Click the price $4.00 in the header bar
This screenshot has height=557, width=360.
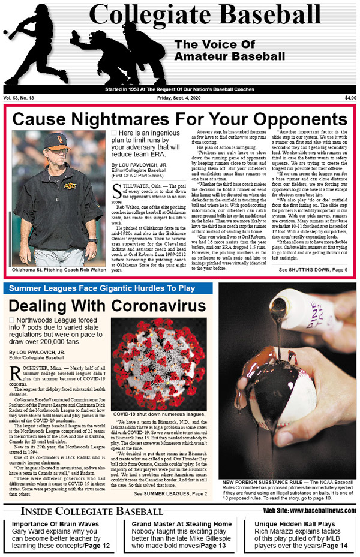350,98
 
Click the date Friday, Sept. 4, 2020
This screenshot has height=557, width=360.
179,98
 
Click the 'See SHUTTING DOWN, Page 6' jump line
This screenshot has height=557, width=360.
313,270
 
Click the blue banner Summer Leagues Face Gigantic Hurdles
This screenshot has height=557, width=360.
101,288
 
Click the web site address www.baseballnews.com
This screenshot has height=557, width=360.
310,511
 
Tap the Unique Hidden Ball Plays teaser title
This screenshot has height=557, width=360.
293,523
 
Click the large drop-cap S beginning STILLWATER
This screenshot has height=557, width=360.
118,208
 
